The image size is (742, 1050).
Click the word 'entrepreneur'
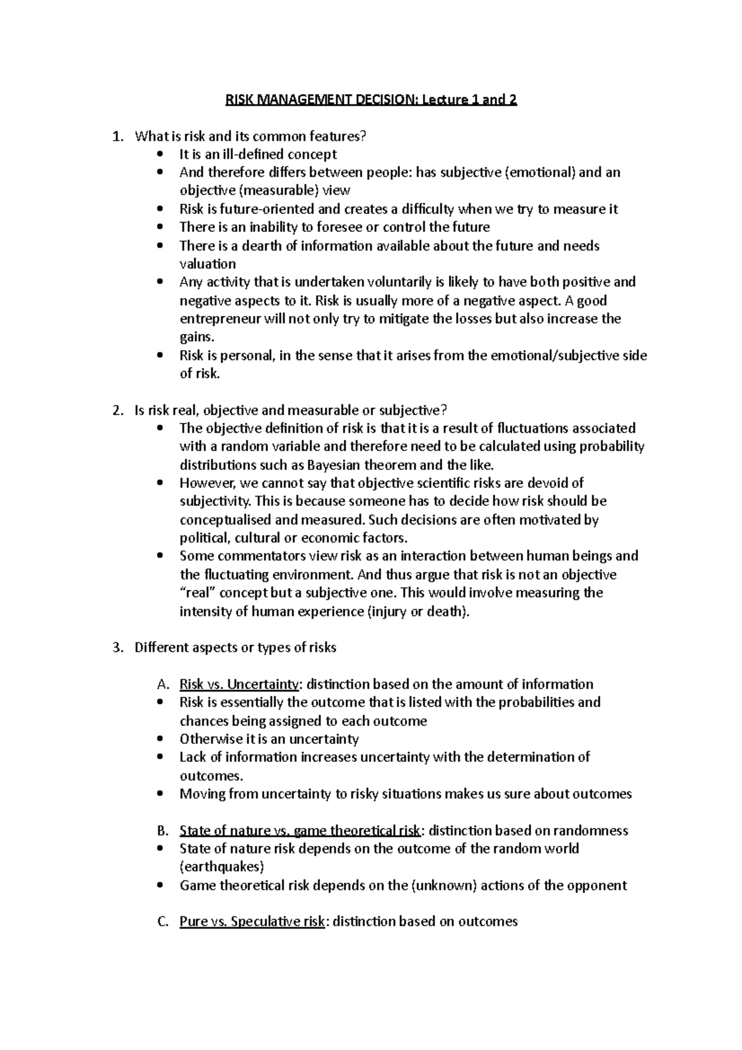(x=219, y=319)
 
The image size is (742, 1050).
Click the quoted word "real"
(x=198, y=593)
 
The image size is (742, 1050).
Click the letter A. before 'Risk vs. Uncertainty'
(x=163, y=685)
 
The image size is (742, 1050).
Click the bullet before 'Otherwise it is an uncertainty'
(x=161, y=739)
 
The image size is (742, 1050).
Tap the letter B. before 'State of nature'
(x=163, y=830)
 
